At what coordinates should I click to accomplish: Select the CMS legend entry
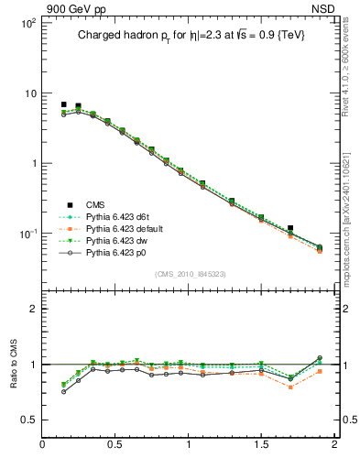[83, 204]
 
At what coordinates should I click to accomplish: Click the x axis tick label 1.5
[261, 445]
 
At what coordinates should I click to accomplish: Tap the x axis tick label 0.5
[115, 445]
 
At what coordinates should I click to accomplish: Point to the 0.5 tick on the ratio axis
[29, 420]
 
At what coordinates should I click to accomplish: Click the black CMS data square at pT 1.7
[290, 228]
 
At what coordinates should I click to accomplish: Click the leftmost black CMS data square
[63, 104]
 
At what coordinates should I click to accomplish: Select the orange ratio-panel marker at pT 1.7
[290, 387]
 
